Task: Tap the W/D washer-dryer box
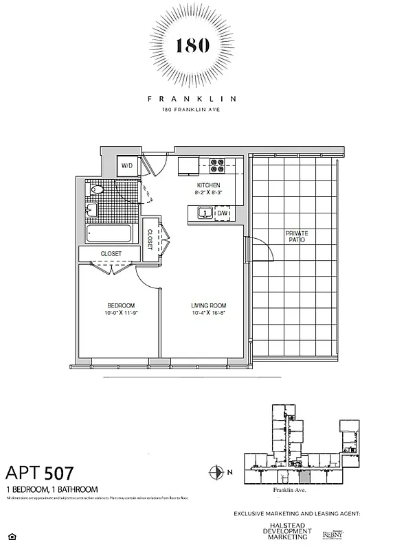127,165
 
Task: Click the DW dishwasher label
222,214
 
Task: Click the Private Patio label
297,237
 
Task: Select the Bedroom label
120,305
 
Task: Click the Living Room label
208,305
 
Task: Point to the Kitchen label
208,186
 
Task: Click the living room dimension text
208,314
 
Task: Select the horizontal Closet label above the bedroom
111,254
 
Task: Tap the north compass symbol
214,471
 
